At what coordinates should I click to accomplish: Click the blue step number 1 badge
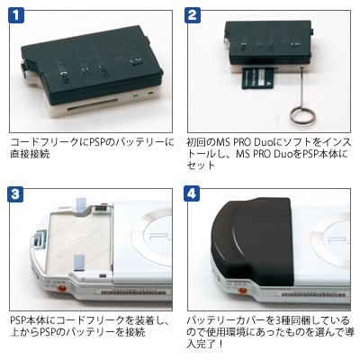click(x=15, y=15)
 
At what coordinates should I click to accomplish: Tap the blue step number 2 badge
click(x=193, y=15)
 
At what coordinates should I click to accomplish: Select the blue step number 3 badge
click(x=15, y=193)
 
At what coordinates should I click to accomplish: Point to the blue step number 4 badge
click(x=193, y=193)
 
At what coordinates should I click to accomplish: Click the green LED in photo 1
click(x=135, y=96)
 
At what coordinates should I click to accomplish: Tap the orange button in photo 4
click(x=242, y=290)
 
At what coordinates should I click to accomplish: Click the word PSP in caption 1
click(x=98, y=142)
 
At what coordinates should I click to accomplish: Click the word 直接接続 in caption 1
click(x=30, y=154)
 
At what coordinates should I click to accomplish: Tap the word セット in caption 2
click(x=201, y=166)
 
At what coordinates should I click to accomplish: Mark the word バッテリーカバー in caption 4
click(x=225, y=320)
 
